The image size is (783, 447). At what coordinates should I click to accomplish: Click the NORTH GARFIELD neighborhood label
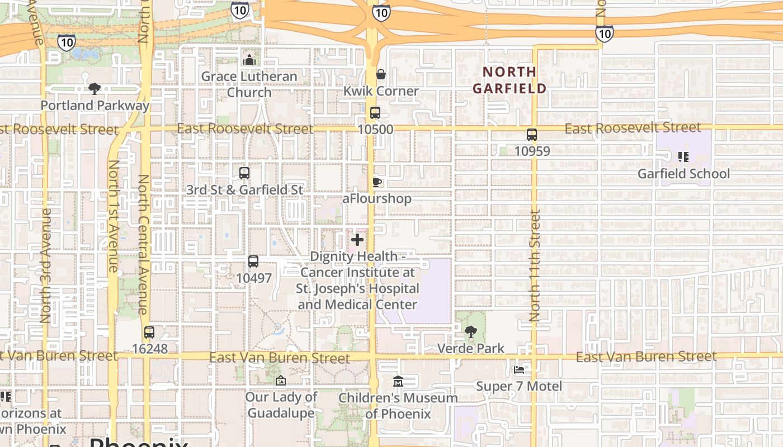coord(509,80)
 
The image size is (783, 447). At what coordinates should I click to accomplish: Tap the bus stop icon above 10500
coord(375,113)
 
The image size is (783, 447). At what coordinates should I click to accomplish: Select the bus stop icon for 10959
coord(531,135)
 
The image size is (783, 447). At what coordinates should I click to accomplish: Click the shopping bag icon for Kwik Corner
coord(381,74)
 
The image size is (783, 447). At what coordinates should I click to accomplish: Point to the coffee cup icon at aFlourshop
coord(377,182)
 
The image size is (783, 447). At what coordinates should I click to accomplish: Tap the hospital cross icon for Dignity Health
coord(357,240)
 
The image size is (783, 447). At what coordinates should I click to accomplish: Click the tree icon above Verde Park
coord(471,332)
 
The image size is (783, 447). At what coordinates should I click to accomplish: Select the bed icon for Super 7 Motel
coord(519,370)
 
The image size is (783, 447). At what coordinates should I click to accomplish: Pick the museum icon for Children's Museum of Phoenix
coord(398,382)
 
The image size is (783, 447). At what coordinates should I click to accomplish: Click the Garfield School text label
coord(683,174)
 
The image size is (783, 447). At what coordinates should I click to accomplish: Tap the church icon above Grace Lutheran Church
coord(249,60)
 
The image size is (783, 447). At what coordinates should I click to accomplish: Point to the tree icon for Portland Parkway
coord(95,88)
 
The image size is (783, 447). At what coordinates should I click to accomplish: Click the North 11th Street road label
coord(535,265)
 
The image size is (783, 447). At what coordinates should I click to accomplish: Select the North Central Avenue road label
coord(143,244)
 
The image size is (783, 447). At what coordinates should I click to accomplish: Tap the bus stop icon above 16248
coord(149,332)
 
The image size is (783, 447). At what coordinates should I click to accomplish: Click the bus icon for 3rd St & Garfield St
coord(244,173)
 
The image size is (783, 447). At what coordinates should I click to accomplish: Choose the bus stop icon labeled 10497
coord(253,261)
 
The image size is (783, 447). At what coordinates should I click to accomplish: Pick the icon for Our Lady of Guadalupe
coord(281,381)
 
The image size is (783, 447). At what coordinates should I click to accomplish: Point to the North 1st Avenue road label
coord(114,216)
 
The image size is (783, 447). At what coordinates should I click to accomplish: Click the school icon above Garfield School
coord(683,157)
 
